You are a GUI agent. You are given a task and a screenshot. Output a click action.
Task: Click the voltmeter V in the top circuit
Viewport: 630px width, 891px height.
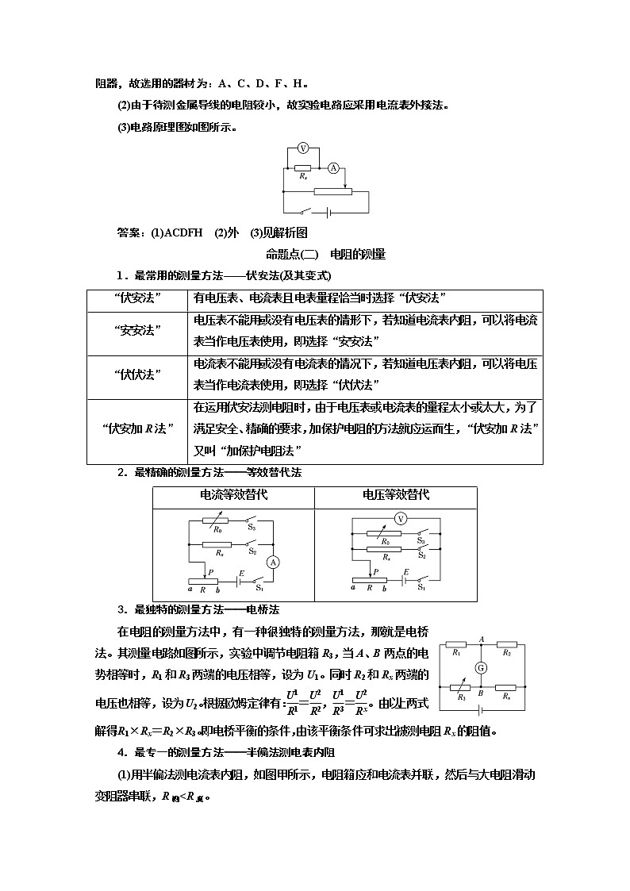(302, 148)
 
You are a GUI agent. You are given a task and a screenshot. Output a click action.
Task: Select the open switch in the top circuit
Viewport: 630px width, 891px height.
(305, 212)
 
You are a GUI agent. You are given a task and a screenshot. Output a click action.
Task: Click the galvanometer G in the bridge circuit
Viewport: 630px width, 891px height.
(481, 667)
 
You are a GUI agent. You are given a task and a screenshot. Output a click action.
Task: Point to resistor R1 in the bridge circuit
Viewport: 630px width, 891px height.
(456, 644)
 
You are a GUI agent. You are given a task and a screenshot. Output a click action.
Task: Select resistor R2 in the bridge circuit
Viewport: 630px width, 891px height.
(506, 644)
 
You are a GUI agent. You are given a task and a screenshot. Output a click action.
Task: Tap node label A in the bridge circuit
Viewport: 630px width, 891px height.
(481, 638)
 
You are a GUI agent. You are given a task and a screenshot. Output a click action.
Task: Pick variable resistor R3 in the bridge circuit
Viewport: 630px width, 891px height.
(456, 687)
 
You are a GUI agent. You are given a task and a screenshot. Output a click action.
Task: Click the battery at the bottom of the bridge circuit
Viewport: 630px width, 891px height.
(481, 710)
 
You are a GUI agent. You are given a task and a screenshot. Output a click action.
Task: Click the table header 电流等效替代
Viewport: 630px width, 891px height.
(233, 494)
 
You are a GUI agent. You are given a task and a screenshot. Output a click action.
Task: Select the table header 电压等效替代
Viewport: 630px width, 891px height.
(396, 494)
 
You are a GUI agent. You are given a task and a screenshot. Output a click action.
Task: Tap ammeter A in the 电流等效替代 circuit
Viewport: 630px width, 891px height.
(273, 562)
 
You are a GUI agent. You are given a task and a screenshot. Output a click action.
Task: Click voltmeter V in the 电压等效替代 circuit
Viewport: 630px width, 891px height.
(401, 518)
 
